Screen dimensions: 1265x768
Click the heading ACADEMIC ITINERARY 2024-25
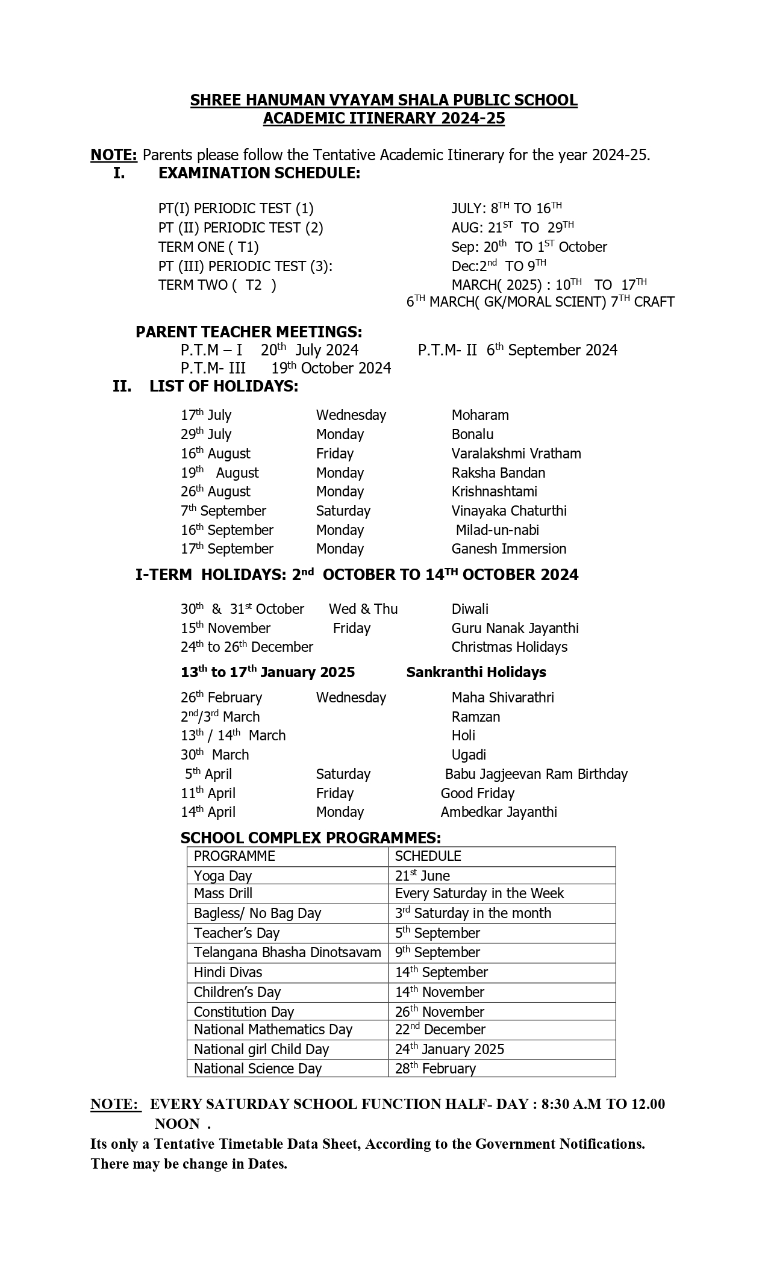pos(384,119)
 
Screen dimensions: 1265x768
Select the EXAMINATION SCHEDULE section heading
pos(259,173)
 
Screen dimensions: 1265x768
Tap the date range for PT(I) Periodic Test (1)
pos(507,208)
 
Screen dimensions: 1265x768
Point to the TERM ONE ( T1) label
pos(208,247)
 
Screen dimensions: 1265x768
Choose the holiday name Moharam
pos(480,415)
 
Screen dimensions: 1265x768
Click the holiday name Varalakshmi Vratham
pos(516,454)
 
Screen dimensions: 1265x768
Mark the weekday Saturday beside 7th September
pos(343,511)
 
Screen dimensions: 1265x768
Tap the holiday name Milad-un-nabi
pos(497,530)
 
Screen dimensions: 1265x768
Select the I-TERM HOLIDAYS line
pos(357,575)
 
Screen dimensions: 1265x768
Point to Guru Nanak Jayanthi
pos(515,628)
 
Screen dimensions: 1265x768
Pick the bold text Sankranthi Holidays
pos(476,672)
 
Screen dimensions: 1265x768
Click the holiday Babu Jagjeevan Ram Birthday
pos(536,774)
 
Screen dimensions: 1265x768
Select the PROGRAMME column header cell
pos(234,856)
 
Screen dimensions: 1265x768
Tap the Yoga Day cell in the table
pos(223,876)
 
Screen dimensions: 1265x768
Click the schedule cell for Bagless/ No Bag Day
pos(473,913)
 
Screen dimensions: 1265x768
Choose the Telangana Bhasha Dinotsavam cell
pos(287,952)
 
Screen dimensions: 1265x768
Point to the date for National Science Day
pos(436,1069)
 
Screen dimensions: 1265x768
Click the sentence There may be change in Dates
pos(189,1164)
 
